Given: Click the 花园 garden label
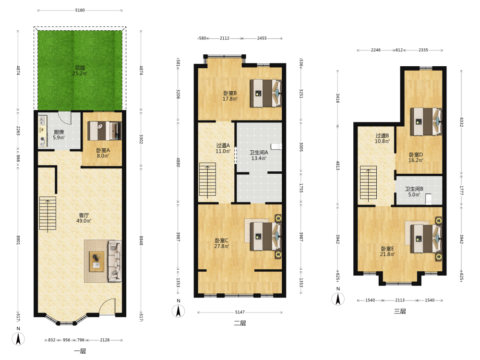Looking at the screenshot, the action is (80, 68).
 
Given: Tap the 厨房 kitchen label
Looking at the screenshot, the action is (59, 132).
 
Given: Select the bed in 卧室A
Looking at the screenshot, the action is (104, 131).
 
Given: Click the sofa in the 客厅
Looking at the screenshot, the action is (115, 261).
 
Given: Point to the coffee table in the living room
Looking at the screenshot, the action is (96, 261).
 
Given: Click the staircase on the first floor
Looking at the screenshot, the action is (48, 214).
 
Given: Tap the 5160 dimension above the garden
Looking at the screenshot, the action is (80, 10).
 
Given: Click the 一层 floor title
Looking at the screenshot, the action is (80, 351).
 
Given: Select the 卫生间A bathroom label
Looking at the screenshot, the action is (259, 153).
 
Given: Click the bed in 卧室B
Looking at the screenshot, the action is (266, 94).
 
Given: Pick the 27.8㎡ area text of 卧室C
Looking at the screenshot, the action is (222, 246).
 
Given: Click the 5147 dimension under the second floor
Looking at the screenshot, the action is (240, 312).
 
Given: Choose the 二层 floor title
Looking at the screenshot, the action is (240, 323).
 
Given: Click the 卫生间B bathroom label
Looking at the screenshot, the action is (414, 189).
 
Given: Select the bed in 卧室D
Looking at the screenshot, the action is (426, 121).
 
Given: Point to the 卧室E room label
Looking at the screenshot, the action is (387, 249).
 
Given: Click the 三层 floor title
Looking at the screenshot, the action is (400, 312).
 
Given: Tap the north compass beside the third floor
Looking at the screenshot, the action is (338, 299).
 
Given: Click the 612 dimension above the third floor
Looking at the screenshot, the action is (399, 50).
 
